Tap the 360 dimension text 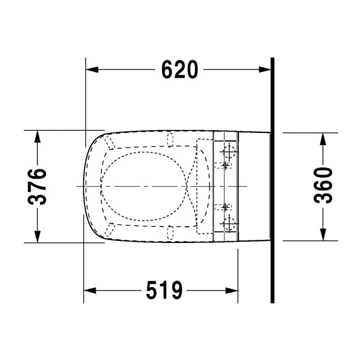323,185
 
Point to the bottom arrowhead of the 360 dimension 323,234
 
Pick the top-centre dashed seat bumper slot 171,138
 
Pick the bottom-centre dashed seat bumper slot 171,234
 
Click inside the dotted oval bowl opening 142,186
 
